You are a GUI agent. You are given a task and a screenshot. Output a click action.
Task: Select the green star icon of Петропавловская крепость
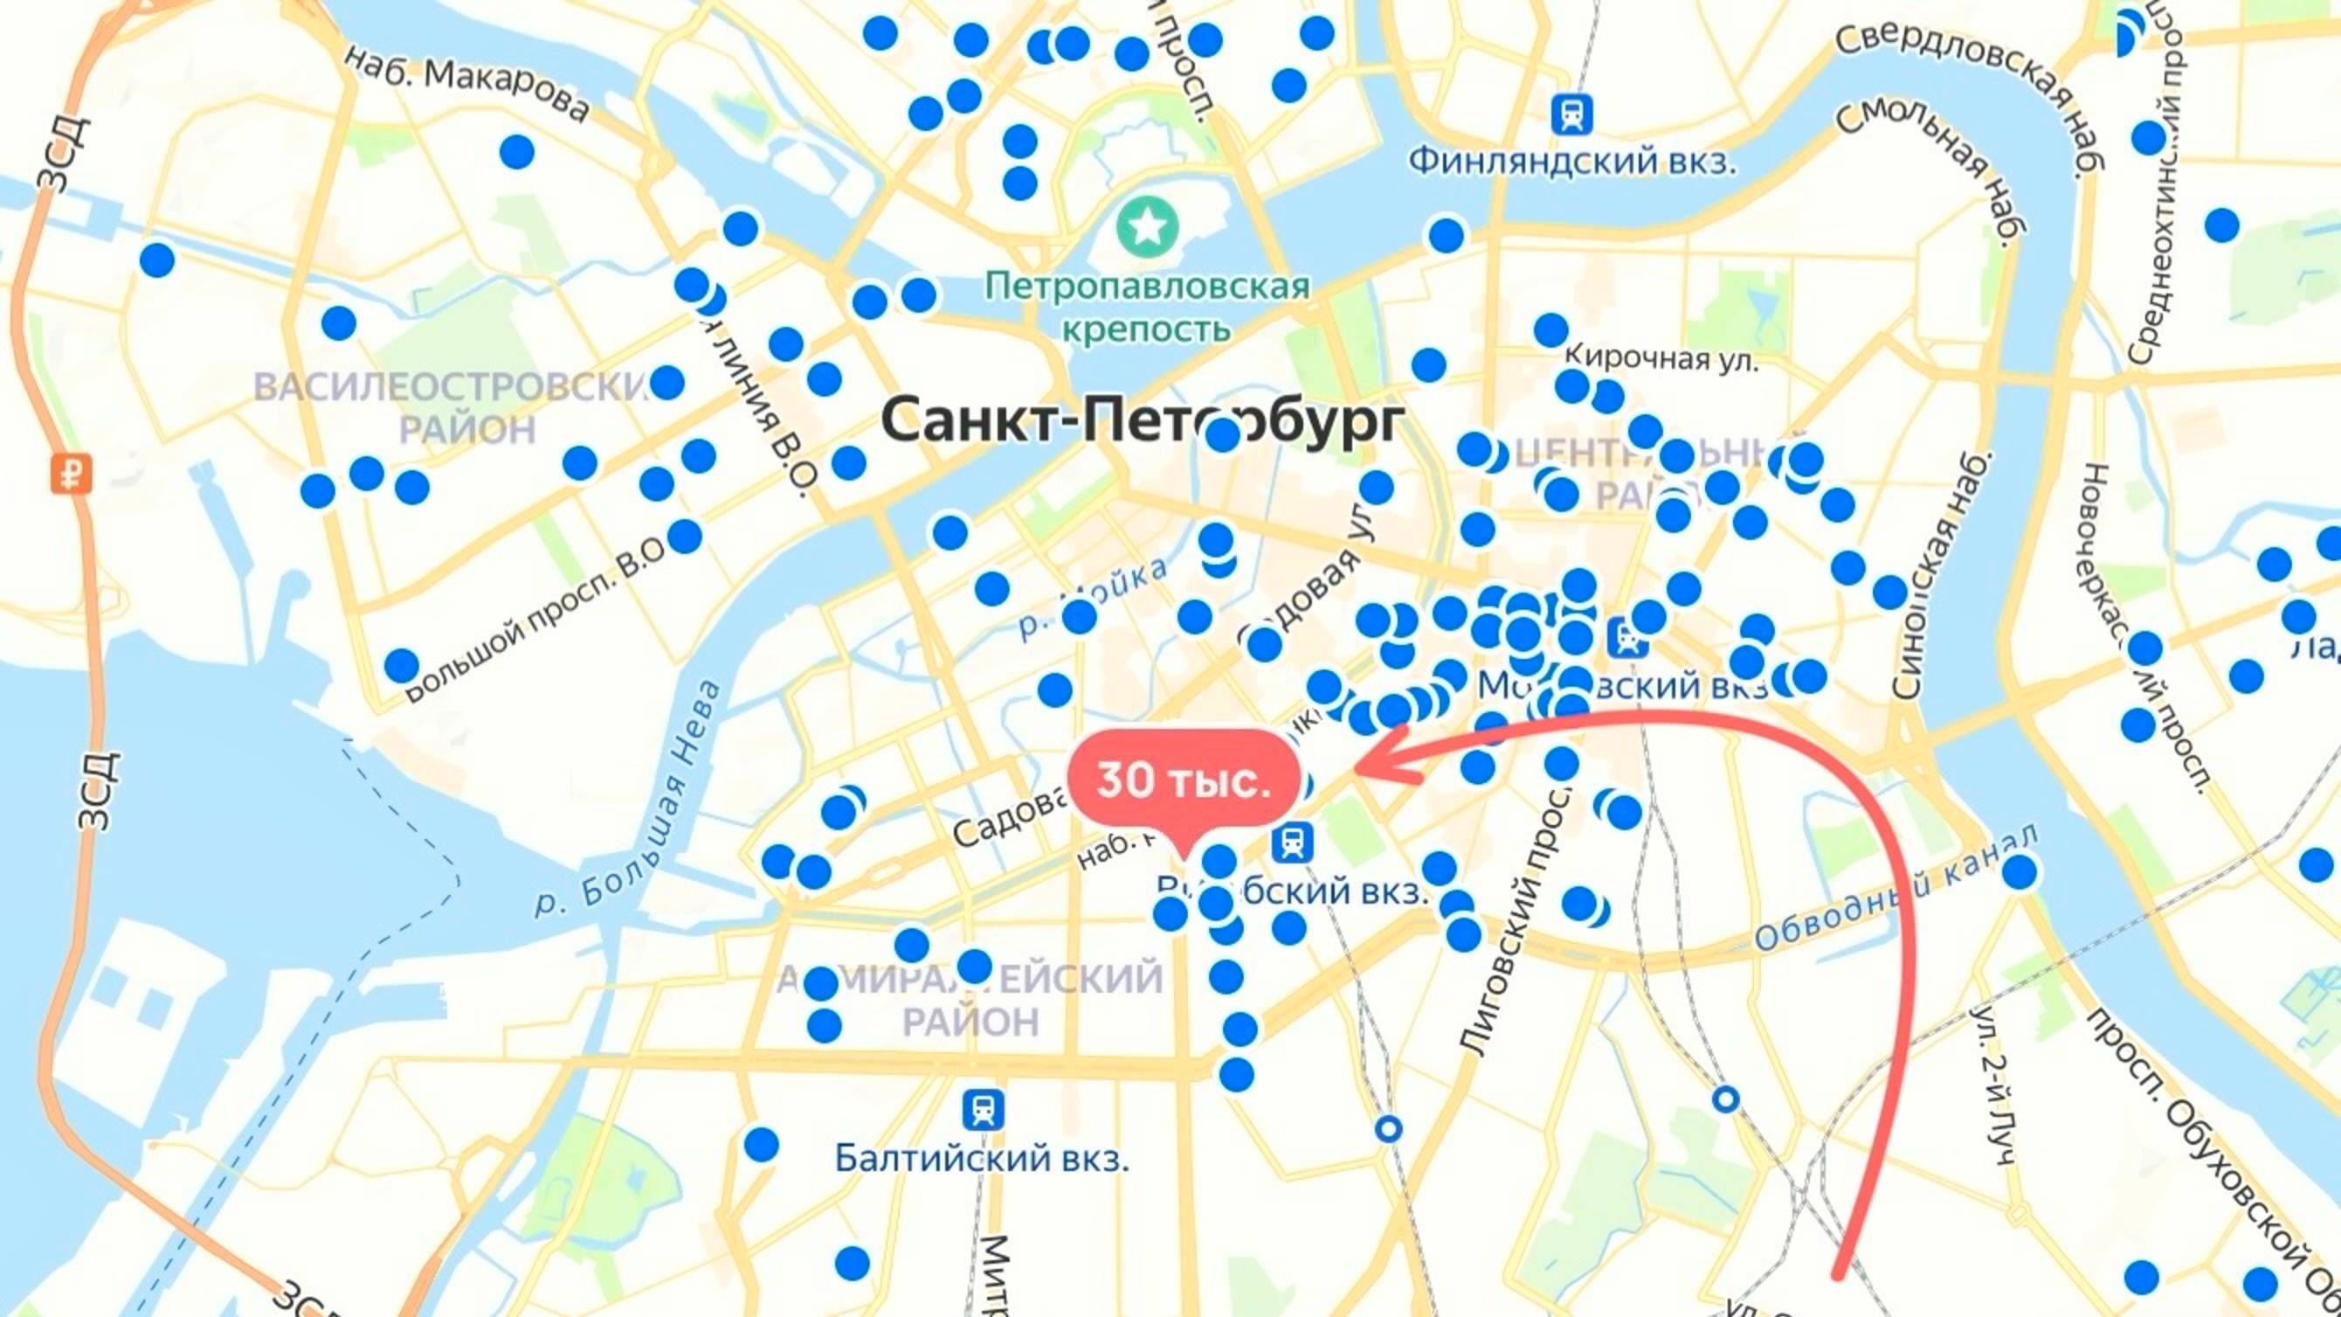point(1149,226)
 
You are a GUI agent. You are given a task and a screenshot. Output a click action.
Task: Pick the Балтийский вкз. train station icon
point(983,1110)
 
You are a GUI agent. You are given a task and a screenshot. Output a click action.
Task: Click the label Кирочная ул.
point(1661,359)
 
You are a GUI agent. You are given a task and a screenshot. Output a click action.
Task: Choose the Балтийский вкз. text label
point(982,1159)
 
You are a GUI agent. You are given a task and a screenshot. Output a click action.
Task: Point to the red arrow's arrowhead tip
point(1356,769)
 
